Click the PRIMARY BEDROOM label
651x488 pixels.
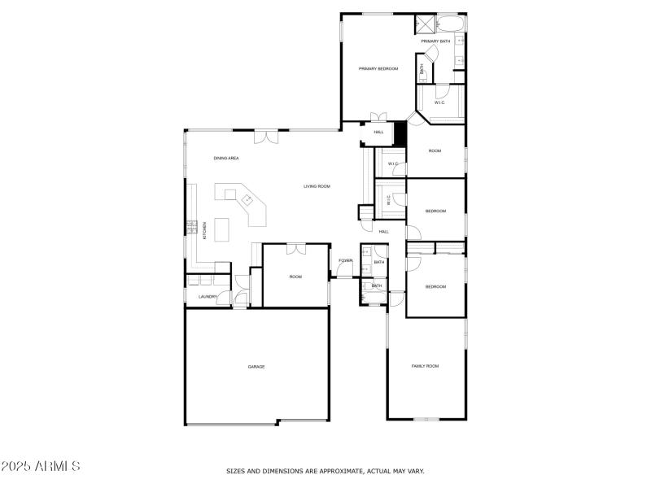pos(378,69)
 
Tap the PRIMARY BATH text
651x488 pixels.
pos(435,41)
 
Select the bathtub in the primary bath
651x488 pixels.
pos(451,23)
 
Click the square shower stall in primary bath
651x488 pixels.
pos(424,23)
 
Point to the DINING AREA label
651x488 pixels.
pos(226,158)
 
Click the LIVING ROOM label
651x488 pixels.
pos(317,186)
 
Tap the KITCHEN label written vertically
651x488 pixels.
pos(204,230)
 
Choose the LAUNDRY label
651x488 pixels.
pos(208,296)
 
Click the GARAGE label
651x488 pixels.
pos(256,367)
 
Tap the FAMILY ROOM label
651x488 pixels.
pos(425,366)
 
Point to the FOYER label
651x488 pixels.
pos(346,260)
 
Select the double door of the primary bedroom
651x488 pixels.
pos(376,118)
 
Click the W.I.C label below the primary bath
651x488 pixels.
pos(439,102)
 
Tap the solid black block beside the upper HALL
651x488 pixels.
pos(400,133)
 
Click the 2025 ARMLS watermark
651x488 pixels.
pos(41,467)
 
